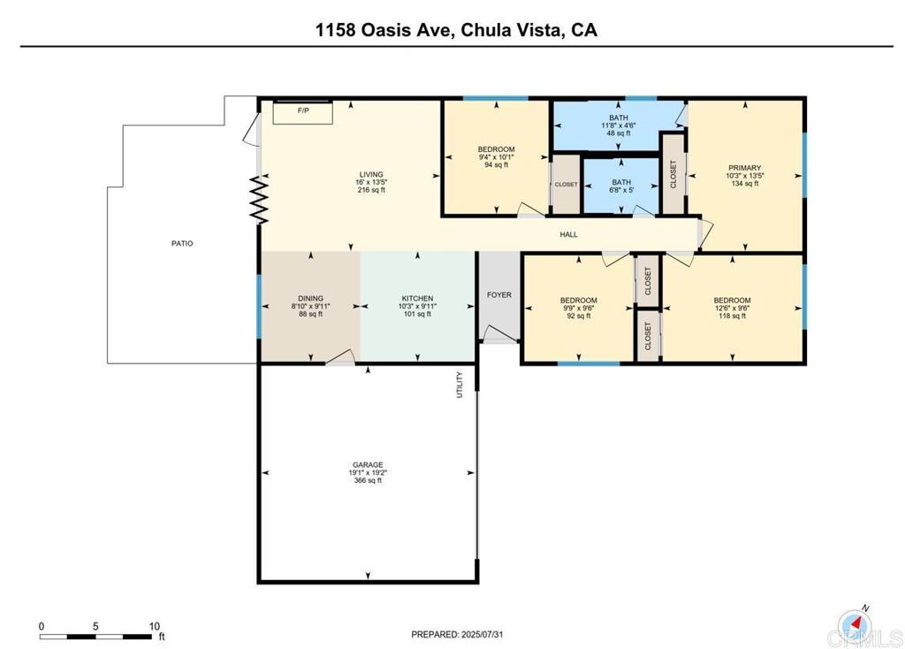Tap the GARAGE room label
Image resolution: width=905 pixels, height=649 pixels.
[x=368, y=464]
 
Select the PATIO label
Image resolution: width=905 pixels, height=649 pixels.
[x=182, y=243]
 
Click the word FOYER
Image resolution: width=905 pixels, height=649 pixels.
[x=499, y=294]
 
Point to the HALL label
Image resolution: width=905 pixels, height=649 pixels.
[x=568, y=234]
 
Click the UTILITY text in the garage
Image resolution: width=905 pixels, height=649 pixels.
[x=460, y=385]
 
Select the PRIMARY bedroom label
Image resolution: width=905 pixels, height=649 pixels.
[x=744, y=167]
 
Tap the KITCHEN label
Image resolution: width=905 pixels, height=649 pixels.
[x=417, y=298]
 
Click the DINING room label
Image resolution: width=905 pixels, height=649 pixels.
[x=310, y=298]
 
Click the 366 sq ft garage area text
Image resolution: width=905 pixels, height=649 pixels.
[x=368, y=481]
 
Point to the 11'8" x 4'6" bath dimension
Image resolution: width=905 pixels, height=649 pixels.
[x=618, y=126]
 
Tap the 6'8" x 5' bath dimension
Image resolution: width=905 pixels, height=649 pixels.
[x=621, y=190]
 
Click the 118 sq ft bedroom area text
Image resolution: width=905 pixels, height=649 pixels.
[x=732, y=316]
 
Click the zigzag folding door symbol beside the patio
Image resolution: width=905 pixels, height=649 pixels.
[x=259, y=201]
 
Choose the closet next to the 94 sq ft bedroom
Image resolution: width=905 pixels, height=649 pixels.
[x=566, y=185]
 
